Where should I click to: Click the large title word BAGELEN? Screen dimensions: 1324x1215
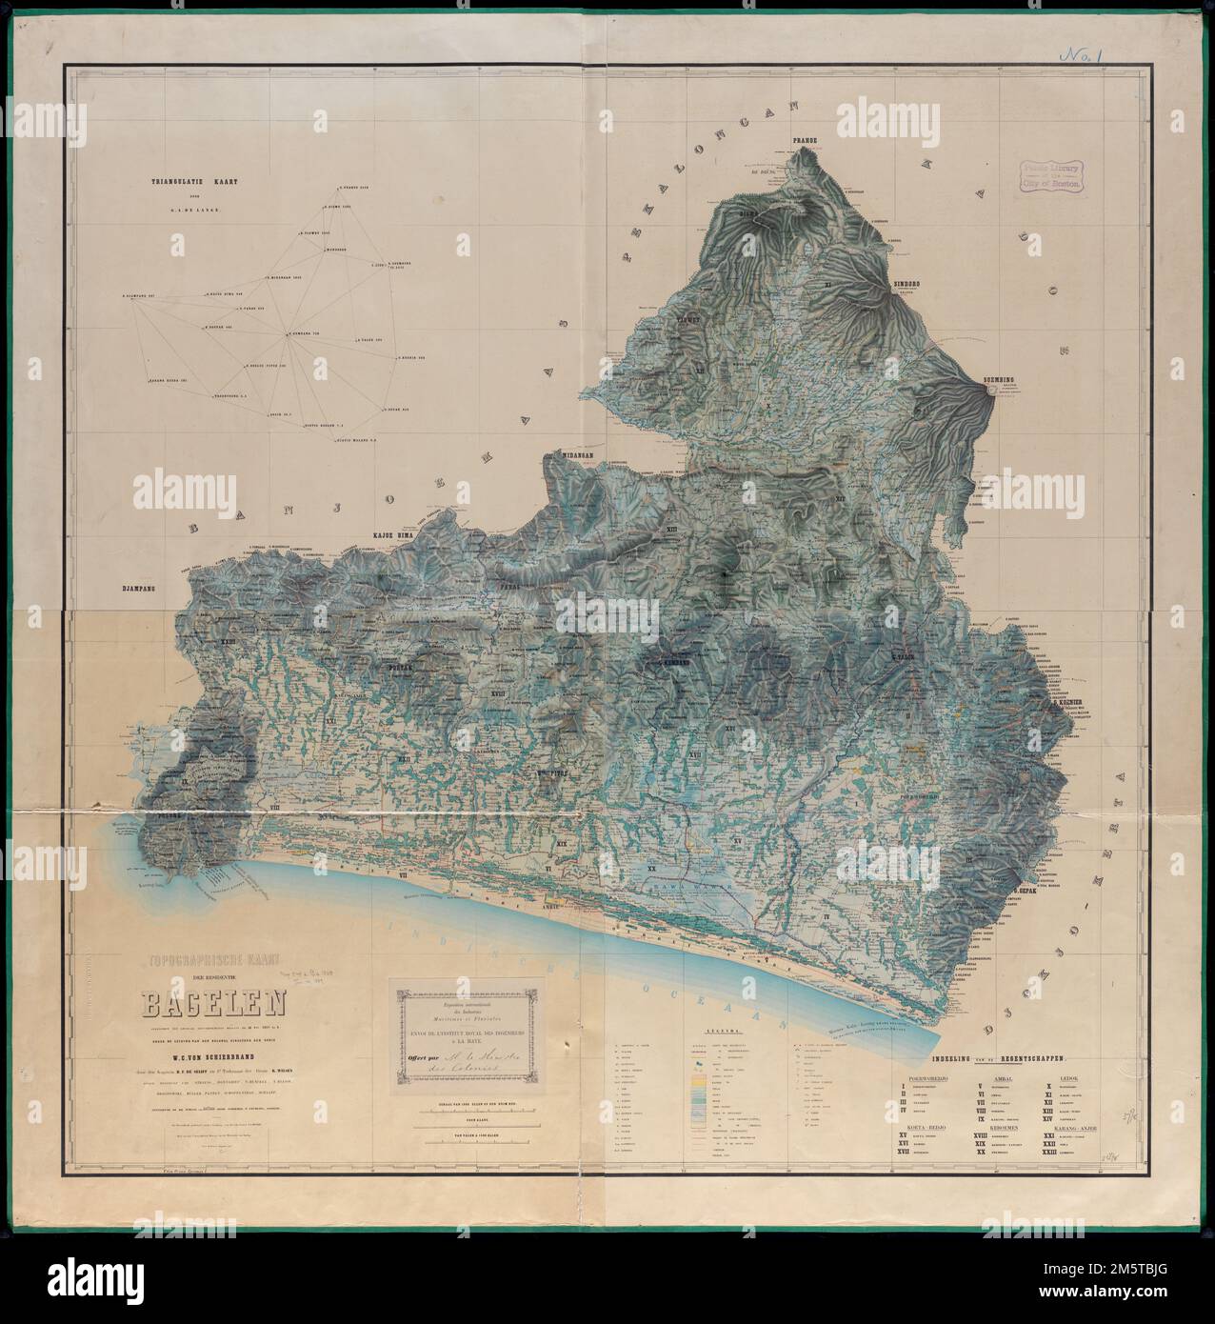pos(205,1005)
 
